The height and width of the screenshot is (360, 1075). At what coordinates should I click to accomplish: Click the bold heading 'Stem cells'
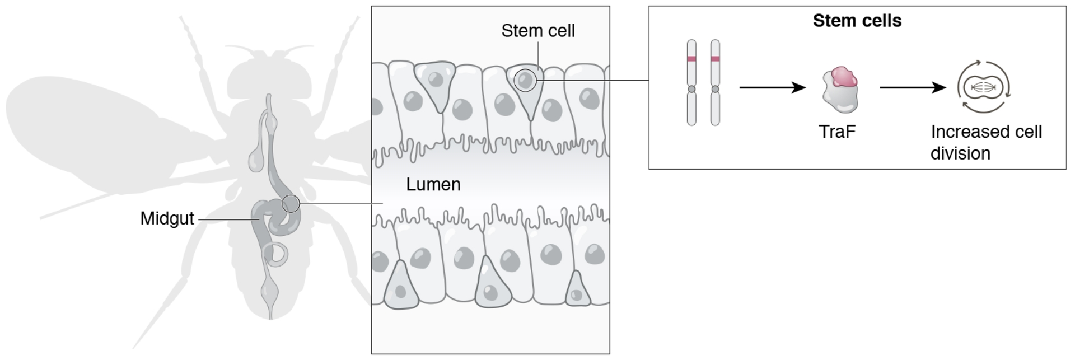point(857,21)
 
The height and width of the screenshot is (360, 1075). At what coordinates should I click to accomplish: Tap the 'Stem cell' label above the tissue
point(537,31)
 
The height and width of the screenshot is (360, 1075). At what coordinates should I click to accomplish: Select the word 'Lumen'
point(433,184)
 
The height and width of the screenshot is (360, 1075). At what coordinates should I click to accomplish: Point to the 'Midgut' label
point(167,218)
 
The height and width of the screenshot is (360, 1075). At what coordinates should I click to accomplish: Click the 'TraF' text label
point(837,132)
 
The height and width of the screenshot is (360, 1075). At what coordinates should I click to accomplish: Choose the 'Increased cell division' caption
point(985,142)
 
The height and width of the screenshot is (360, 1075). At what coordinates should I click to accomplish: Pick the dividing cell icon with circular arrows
point(983,87)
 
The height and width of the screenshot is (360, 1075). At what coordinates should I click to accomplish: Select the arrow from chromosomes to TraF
point(772,87)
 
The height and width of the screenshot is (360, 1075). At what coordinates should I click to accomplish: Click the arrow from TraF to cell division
point(913,87)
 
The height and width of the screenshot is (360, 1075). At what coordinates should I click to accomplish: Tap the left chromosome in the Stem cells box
point(691,82)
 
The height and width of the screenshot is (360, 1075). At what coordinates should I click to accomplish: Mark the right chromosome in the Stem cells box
point(715,82)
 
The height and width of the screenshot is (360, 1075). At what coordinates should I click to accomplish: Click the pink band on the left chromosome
point(691,59)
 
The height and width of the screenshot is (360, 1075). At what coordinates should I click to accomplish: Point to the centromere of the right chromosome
point(715,89)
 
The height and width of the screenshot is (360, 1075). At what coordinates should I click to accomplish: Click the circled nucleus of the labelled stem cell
point(525,80)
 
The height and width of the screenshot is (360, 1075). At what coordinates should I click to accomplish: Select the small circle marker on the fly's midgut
point(291,203)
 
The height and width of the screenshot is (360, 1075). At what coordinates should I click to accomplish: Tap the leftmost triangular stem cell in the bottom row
point(401,287)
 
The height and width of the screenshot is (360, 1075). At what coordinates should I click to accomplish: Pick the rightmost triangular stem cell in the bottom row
point(577,291)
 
